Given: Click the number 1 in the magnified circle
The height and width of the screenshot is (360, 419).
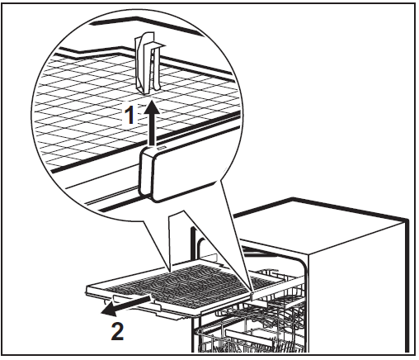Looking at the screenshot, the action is pyautogui.click(x=129, y=115).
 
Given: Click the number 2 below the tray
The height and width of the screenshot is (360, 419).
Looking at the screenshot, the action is pyautogui.click(x=117, y=332).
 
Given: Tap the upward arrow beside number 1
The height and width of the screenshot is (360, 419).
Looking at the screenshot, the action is pyautogui.click(x=151, y=123).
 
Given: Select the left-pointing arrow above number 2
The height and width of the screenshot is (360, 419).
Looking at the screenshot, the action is pyautogui.click(x=125, y=305).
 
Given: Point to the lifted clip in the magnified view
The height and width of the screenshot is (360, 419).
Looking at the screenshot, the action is pyautogui.click(x=148, y=64).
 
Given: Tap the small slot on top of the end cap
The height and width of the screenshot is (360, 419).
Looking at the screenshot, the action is pyautogui.click(x=162, y=148).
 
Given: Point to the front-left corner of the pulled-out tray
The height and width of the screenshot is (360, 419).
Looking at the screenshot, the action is pyautogui.click(x=87, y=288).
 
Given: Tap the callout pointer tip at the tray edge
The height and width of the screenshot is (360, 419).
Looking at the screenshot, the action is pyautogui.click(x=252, y=291).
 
